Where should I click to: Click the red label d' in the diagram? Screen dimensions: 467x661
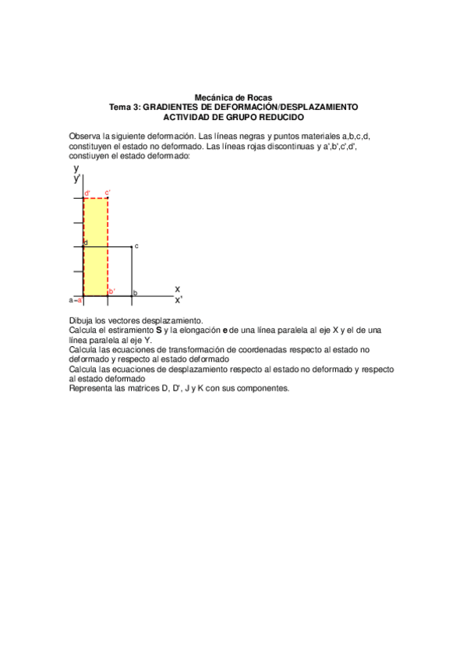(x=87, y=193)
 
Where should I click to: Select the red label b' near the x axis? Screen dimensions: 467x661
(x=112, y=292)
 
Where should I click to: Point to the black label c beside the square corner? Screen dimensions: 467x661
(x=136, y=246)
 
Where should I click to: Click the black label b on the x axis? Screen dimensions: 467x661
(x=135, y=293)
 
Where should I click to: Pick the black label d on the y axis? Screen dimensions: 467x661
(x=86, y=242)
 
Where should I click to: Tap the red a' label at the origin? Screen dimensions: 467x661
(x=79, y=299)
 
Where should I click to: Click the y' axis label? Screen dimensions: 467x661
(x=77, y=179)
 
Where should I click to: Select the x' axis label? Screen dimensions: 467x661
(x=179, y=299)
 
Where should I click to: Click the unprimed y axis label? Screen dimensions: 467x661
(x=76, y=168)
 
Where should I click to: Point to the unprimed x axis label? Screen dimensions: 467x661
(x=177, y=288)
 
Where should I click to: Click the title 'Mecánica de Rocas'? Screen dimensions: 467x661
(x=233, y=97)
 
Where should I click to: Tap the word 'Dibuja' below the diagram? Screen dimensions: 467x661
(x=81, y=320)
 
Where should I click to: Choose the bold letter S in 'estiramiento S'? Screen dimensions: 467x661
(x=159, y=330)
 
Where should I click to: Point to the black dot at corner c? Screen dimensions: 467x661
(x=131, y=247)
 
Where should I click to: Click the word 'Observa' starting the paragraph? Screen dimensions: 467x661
(x=86, y=136)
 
